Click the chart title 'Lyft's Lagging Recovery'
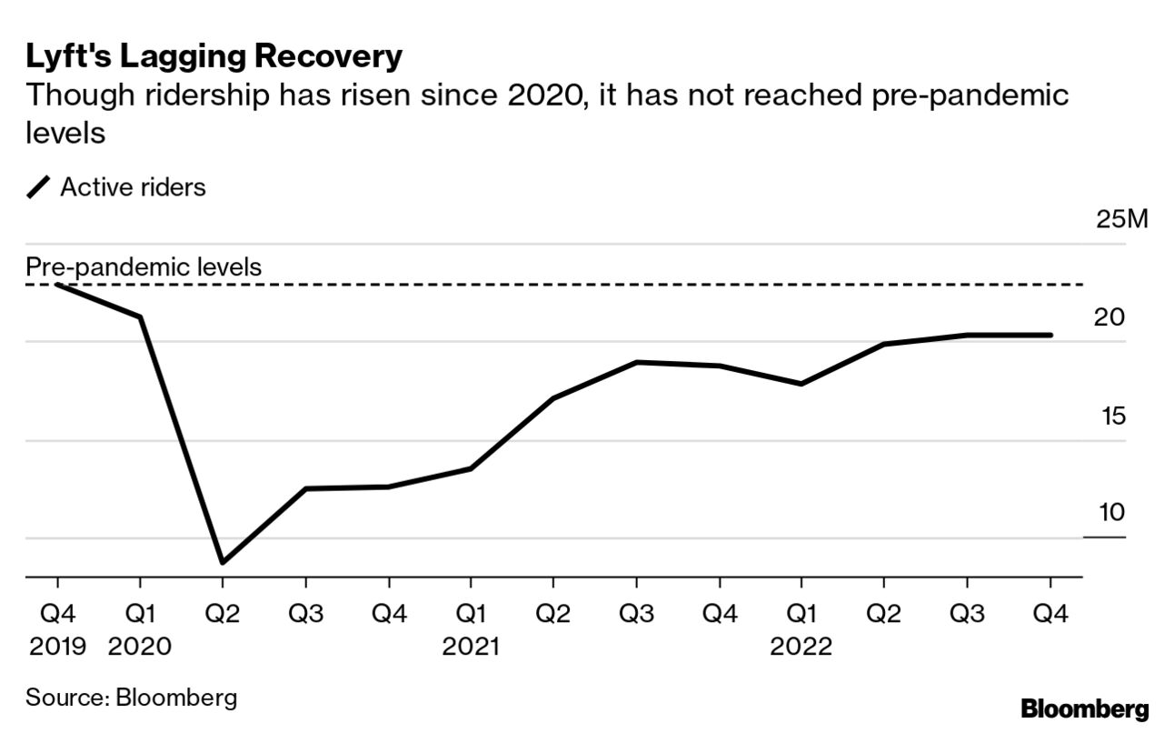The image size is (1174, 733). click(214, 56)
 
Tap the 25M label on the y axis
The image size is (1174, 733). click(1122, 221)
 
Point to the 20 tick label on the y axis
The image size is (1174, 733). click(1110, 318)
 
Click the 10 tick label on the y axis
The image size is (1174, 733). click(1111, 513)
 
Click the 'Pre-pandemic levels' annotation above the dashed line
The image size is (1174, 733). click(144, 267)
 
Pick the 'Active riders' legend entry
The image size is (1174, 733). click(133, 187)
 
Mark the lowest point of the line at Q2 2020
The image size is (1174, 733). click(223, 562)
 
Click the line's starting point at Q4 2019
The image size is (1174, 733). click(57, 285)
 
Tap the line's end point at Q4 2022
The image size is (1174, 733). click(1050, 335)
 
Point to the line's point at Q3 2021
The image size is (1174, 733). click(636, 362)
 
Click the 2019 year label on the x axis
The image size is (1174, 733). click(57, 647)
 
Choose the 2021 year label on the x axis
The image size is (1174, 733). click(471, 647)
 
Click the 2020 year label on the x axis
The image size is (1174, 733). click(140, 647)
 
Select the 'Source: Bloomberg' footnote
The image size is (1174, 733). click(131, 698)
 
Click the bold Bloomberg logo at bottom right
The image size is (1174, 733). click(1084, 708)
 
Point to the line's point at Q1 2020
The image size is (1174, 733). click(140, 316)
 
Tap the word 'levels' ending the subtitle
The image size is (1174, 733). click(66, 133)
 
